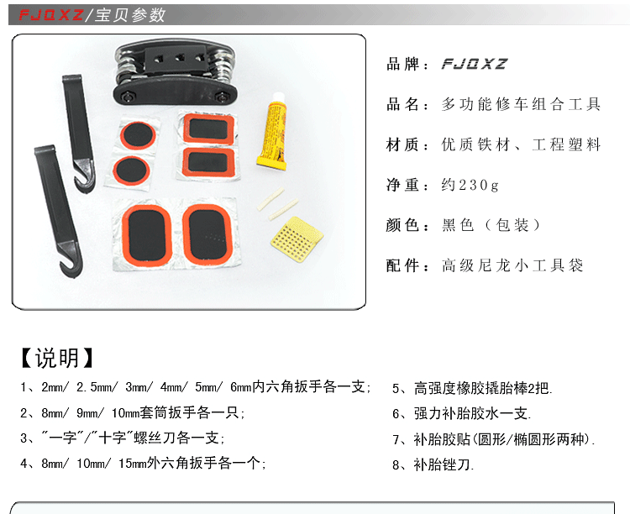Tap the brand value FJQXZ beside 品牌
click(475, 64)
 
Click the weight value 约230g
click(470, 185)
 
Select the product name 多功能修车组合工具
click(522, 104)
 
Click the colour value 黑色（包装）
click(492, 225)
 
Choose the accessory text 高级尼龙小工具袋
click(512, 265)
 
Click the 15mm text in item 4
click(134, 463)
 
